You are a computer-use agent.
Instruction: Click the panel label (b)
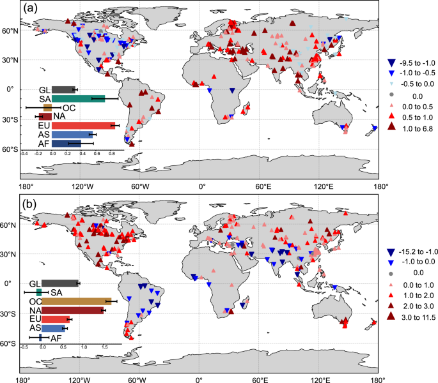(31, 206)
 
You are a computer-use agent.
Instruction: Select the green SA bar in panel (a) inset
(78, 98)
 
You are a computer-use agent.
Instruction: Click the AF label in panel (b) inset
(56, 338)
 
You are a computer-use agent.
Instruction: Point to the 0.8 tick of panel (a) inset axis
(111, 154)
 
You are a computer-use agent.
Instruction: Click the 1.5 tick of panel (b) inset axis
(104, 349)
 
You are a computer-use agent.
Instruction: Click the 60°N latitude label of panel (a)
(11, 30)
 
